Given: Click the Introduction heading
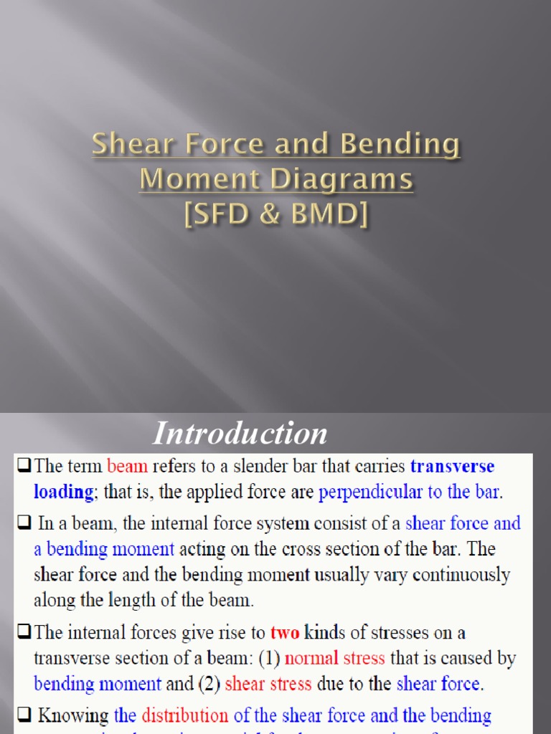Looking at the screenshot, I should coord(240,434).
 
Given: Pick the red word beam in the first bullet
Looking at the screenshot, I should coord(127,467).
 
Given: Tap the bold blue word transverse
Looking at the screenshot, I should coord(452,467).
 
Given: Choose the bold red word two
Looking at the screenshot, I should coord(283,633).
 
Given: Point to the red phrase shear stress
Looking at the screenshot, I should coord(268,684).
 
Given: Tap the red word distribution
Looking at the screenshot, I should coord(184,715).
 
